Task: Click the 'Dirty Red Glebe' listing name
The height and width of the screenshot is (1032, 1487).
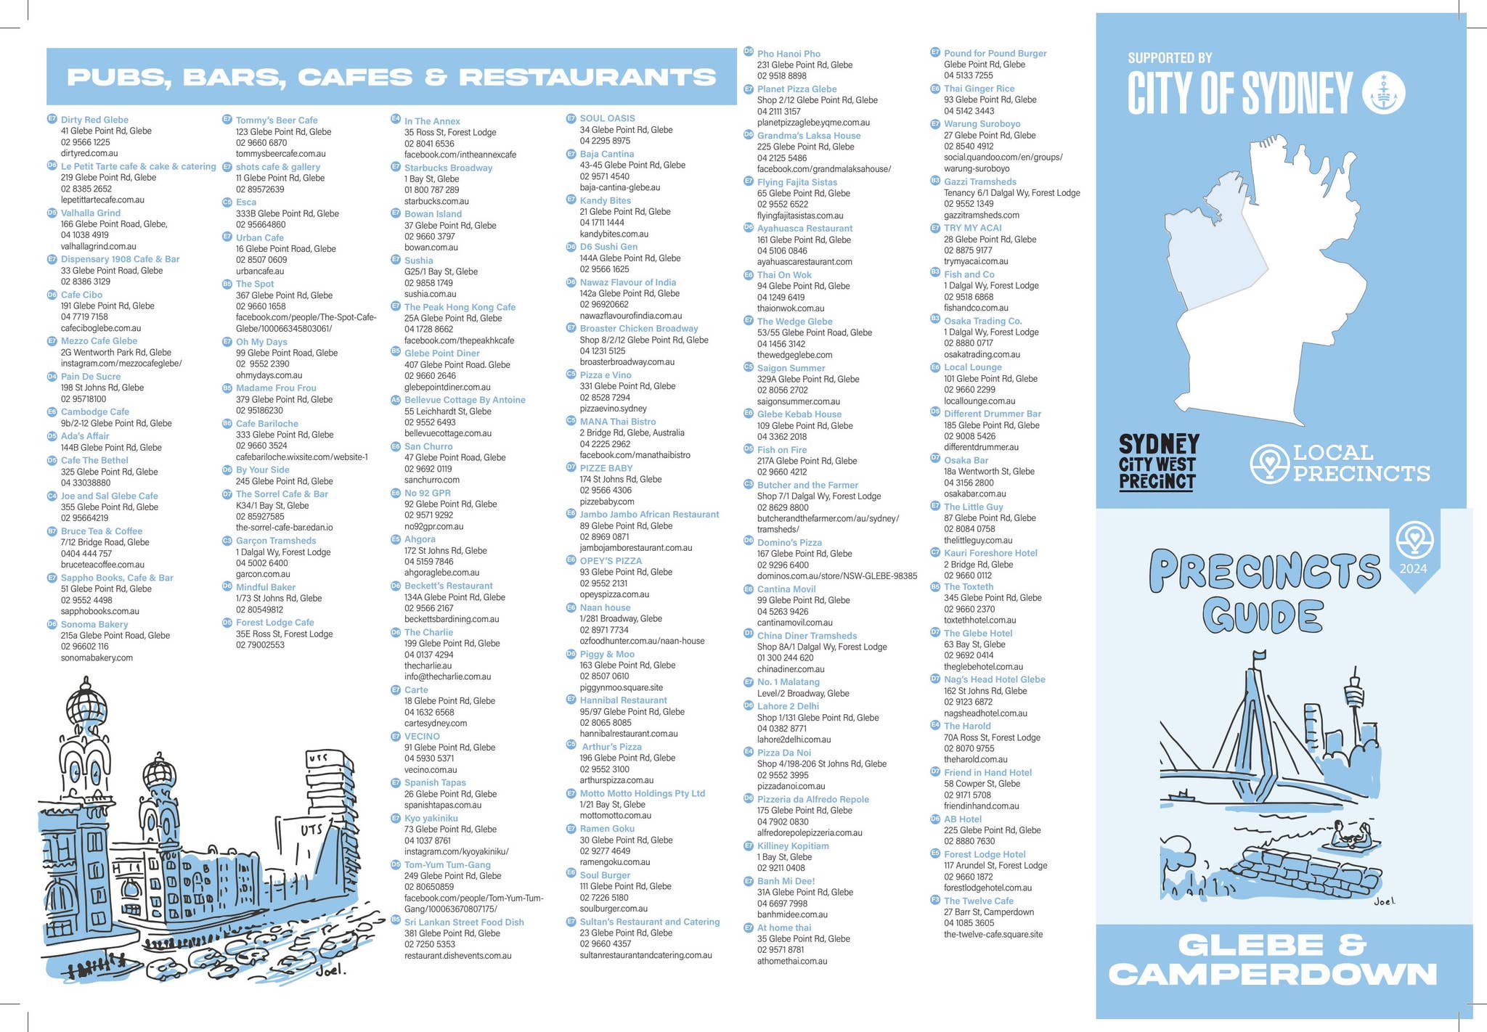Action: [94, 120]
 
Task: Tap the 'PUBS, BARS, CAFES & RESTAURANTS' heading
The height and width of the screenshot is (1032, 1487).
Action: [391, 77]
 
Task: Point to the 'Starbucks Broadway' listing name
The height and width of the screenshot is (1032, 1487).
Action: [448, 168]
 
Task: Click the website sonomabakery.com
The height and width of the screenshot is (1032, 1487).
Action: [97, 658]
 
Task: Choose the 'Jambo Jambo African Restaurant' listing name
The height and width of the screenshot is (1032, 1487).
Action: [649, 515]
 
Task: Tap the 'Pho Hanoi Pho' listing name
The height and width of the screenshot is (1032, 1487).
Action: [789, 54]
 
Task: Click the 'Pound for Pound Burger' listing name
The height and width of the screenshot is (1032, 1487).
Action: [995, 53]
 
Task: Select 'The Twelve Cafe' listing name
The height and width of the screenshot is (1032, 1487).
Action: [978, 901]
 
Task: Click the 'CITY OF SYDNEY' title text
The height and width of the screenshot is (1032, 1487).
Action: [1239, 93]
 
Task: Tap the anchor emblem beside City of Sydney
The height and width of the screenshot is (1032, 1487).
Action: [1383, 94]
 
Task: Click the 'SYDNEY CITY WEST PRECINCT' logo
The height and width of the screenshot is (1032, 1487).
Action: [1158, 463]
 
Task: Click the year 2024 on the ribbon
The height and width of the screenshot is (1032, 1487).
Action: [1413, 569]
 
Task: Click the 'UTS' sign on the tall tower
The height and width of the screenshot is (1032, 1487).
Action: [319, 758]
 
